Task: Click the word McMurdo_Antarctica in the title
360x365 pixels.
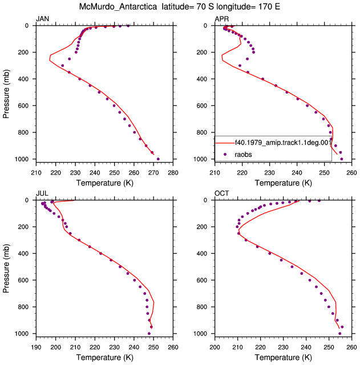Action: [118, 7]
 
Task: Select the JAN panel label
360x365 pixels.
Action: [42, 19]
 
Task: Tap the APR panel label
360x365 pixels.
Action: [222, 19]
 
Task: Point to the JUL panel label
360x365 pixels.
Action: [42, 193]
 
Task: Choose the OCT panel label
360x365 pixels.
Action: [222, 193]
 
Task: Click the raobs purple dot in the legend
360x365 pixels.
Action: [225, 155]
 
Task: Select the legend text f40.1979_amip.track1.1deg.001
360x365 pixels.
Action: [283, 143]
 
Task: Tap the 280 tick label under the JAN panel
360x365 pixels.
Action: [173, 173]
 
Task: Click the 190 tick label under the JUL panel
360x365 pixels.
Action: [36, 347]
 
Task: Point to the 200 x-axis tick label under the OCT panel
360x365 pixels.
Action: [215, 347]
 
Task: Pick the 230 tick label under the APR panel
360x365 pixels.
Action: [269, 173]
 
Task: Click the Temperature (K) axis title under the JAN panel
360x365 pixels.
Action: [104, 183]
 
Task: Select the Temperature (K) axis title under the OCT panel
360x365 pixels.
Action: [283, 358]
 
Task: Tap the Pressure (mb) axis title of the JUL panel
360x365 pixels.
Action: [6, 269]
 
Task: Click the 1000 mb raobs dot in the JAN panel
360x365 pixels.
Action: [158, 159]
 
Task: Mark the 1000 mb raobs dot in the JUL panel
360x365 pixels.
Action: [149, 334]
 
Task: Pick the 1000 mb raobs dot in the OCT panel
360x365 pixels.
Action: [339, 334]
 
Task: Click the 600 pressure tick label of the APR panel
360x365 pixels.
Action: [202, 106]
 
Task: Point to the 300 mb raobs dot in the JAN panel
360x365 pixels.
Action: [62, 66]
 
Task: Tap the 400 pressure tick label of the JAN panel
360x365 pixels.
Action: [23, 79]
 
